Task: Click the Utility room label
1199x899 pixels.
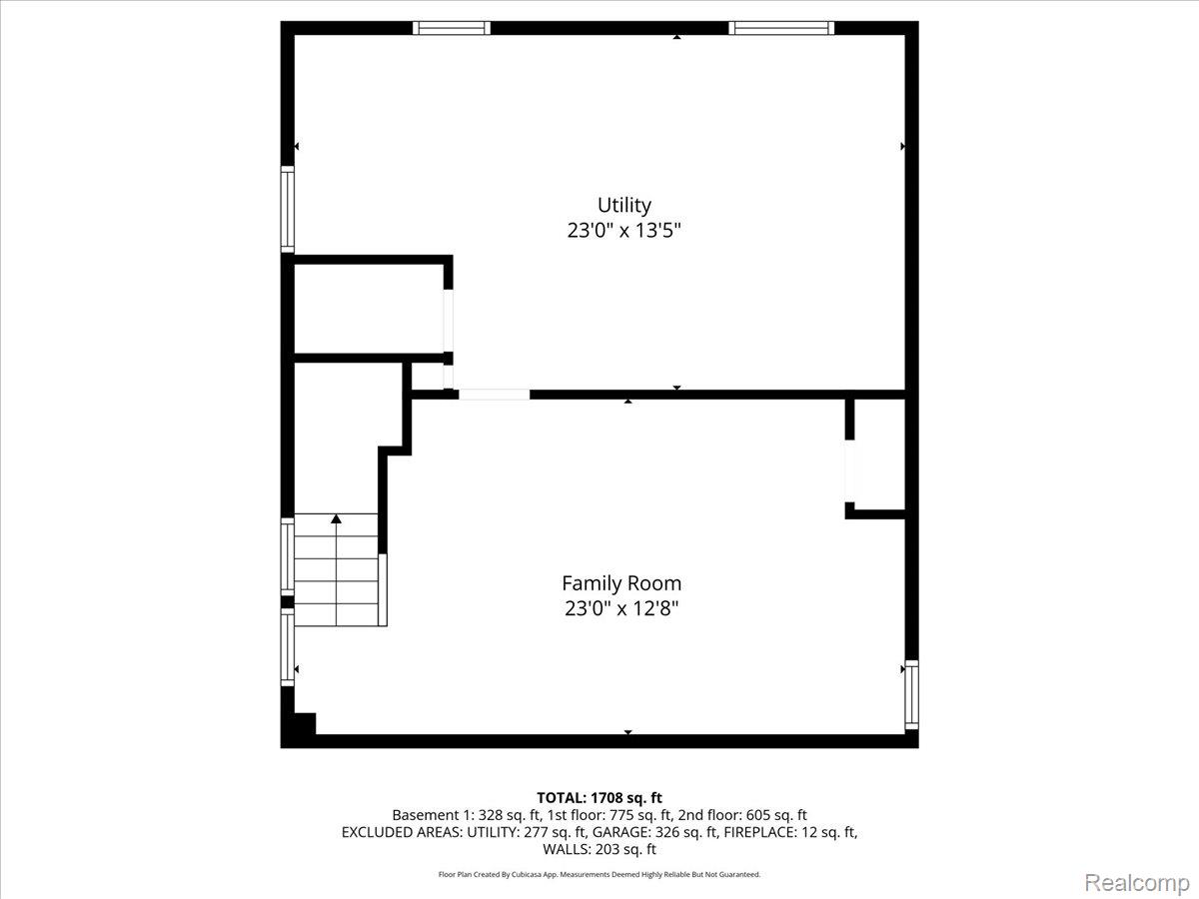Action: pyautogui.click(x=623, y=206)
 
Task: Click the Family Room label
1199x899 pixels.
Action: pyautogui.click(x=621, y=583)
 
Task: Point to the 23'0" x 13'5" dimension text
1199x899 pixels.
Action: pyautogui.click(x=623, y=231)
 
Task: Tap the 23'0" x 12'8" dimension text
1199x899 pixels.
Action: pyautogui.click(x=621, y=608)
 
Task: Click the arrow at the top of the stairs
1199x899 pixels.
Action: pyautogui.click(x=336, y=518)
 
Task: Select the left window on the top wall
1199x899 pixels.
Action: pyautogui.click(x=452, y=28)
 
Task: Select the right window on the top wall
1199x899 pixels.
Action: pyautogui.click(x=781, y=28)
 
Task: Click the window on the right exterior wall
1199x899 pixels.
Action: pyautogui.click(x=911, y=694)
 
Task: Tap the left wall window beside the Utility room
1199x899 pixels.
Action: pyautogui.click(x=288, y=210)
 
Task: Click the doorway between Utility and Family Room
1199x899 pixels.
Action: pyautogui.click(x=494, y=395)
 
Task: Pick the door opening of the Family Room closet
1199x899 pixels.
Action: pyautogui.click(x=849, y=470)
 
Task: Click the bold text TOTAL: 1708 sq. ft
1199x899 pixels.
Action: pyautogui.click(x=599, y=798)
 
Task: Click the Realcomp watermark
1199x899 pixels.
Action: pyautogui.click(x=1137, y=883)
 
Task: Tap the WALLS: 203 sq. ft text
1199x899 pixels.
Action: pyautogui.click(x=599, y=849)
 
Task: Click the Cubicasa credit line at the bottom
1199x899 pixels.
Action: pyautogui.click(x=599, y=874)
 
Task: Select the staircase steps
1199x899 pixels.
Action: pyautogui.click(x=336, y=569)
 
